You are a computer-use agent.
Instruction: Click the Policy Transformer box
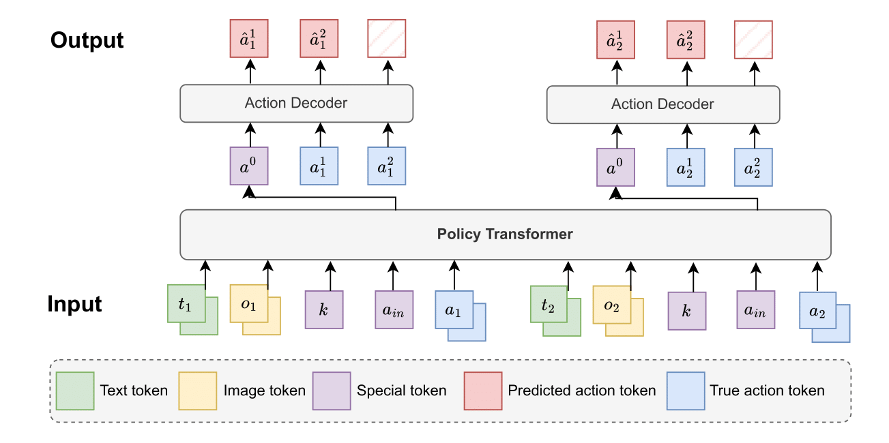click(x=505, y=234)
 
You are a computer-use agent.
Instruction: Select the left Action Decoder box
click(x=296, y=104)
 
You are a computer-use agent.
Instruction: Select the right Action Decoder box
click(x=662, y=104)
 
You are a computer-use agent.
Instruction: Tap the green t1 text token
click(x=186, y=304)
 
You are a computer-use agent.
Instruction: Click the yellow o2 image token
click(x=611, y=305)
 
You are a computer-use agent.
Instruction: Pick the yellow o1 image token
click(x=249, y=304)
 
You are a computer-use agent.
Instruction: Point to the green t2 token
click(x=549, y=305)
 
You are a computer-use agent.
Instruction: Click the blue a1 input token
click(x=454, y=311)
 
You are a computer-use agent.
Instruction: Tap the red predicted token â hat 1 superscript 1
click(x=250, y=39)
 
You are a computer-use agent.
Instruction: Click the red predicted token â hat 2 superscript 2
click(x=686, y=40)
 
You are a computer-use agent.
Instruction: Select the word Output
click(x=87, y=40)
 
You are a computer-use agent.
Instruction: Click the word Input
click(x=74, y=304)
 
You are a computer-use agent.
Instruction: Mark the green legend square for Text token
click(x=75, y=391)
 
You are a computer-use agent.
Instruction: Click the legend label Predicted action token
click(x=581, y=391)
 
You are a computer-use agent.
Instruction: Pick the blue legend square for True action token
click(x=686, y=391)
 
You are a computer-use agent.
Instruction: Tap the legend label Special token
click(x=401, y=391)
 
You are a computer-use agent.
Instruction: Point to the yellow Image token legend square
click(x=198, y=391)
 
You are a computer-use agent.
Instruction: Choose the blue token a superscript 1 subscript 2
click(x=686, y=167)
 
